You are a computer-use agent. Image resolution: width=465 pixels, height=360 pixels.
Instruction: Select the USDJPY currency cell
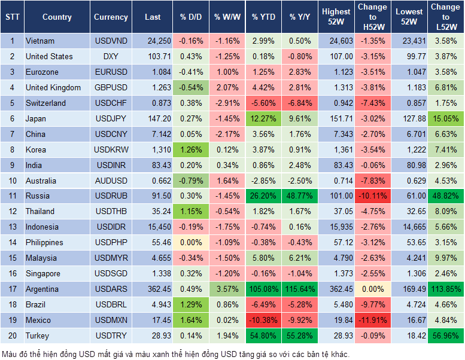pos(111,118)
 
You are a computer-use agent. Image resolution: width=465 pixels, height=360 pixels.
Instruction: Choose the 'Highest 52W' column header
pos(336,17)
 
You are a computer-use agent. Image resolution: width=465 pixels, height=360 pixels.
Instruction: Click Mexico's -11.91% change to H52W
pos(372,320)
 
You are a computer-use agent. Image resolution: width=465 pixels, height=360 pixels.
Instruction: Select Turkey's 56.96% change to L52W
pos(445,335)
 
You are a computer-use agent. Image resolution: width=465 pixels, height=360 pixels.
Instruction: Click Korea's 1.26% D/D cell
pos(190,150)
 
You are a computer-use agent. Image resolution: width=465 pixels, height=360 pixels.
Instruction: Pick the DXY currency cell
pos(111,56)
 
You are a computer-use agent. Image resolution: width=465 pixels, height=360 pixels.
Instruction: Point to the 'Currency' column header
pos(111,17)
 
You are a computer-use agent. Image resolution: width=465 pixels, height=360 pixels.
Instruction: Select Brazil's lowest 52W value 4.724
pos(409,304)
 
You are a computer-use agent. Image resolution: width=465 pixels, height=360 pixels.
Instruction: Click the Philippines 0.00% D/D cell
pos(190,242)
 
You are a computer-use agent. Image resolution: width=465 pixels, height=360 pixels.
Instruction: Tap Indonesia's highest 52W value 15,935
pos(336,227)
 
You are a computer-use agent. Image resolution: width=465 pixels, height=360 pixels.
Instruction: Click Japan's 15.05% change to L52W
pos(445,118)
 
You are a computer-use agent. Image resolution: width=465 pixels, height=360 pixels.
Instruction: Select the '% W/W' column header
pos(227,17)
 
